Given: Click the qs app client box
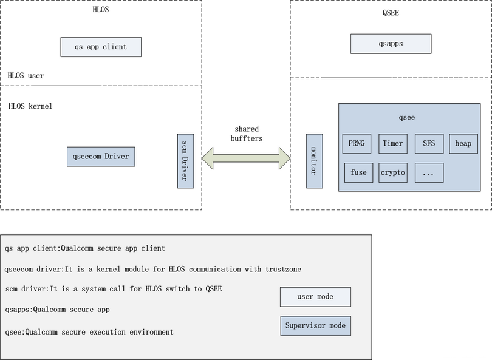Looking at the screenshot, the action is [x=101, y=47].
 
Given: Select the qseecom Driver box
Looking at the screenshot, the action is [x=101, y=157].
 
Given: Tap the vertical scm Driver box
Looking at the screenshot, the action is [x=185, y=161].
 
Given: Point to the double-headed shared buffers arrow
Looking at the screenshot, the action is [x=246, y=158].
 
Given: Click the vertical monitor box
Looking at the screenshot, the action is [x=315, y=161].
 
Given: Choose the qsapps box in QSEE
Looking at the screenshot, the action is [x=391, y=44].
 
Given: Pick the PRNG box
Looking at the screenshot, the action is [x=357, y=144].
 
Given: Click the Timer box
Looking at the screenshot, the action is [x=393, y=144].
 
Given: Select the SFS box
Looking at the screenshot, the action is [x=429, y=144].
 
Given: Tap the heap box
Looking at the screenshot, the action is [x=463, y=144].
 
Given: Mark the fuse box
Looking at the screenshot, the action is [x=358, y=172].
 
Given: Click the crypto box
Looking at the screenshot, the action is [x=393, y=172].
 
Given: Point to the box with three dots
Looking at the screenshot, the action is [x=429, y=172].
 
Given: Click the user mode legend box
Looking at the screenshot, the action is [x=315, y=297].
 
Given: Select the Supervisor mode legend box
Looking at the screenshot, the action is [x=315, y=326].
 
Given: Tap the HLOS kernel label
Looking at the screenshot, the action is [x=30, y=106].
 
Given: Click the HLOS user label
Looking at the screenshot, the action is [x=26, y=75].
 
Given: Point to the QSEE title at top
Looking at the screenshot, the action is [x=391, y=13].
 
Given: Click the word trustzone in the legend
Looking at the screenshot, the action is [x=283, y=270].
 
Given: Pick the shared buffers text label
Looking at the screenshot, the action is [x=247, y=134].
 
